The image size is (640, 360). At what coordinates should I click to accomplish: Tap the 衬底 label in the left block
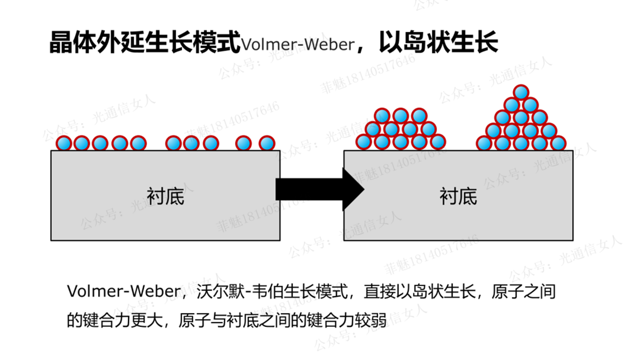[x=166, y=196]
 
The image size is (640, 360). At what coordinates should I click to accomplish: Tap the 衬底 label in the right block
[x=458, y=196]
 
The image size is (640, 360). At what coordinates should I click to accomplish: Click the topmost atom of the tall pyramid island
[x=521, y=92]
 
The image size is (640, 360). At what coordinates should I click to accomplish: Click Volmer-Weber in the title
[x=298, y=45]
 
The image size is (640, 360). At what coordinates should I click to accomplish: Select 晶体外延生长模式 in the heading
[x=145, y=43]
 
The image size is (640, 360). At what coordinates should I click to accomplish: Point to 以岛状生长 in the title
[x=438, y=43]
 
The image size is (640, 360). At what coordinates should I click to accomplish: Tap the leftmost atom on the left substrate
[x=64, y=143]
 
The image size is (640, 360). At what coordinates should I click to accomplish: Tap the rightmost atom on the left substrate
[x=267, y=143]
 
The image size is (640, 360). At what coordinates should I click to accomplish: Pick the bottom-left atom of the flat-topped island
[x=363, y=142]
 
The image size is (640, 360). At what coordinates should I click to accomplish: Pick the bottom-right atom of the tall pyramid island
[x=558, y=143]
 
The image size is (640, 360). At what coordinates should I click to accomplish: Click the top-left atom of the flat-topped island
[x=382, y=116]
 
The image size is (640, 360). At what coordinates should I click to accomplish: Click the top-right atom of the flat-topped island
[x=419, y=116]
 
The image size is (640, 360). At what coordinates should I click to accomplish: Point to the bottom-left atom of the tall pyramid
[x=484, y=143]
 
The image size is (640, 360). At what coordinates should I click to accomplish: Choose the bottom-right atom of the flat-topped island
[x=438, y=142]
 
